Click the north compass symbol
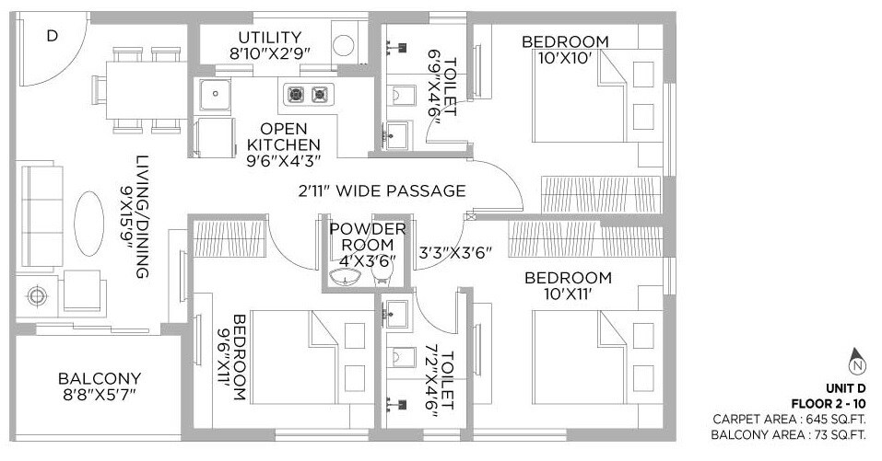point(857,363)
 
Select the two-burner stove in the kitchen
point(308,93)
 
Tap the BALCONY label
point(100,378)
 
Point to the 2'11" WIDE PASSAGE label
point(382,191)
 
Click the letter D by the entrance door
point(53,36)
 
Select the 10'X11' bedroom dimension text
point(568,294)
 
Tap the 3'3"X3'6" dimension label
point(457,248)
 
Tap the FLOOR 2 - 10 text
point(828,403)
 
